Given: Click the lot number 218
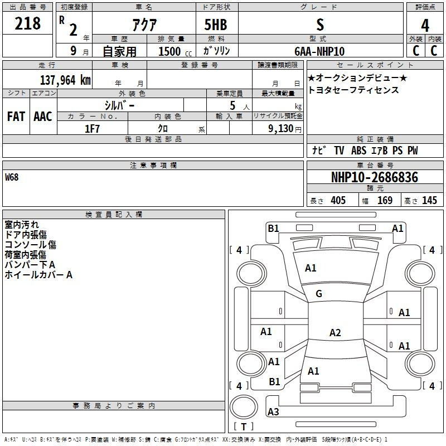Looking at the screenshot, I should pos(28,24).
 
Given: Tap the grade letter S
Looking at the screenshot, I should pos(319,24).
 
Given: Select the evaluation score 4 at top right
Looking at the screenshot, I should pos(425,26).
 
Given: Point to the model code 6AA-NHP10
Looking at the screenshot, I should pos(319,51).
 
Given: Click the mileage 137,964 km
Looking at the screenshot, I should pos(65,80).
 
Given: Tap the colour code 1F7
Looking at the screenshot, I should pos(92,129).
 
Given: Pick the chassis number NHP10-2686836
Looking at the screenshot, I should pos(374,177).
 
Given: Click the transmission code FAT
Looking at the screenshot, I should pos(16,117).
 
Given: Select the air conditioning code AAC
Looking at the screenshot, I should pos(43,117).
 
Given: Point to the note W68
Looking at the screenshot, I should pos(12,177).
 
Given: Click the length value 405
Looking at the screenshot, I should pos(338,201).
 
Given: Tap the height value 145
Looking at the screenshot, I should pos(429,201).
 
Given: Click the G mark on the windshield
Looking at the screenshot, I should pos(319,294).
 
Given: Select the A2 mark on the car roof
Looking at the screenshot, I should pos(334,333).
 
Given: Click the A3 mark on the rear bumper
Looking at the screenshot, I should pos(273,412).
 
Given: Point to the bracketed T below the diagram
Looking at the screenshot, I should pos(243,427).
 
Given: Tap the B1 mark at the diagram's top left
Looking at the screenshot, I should pos(273,228).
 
